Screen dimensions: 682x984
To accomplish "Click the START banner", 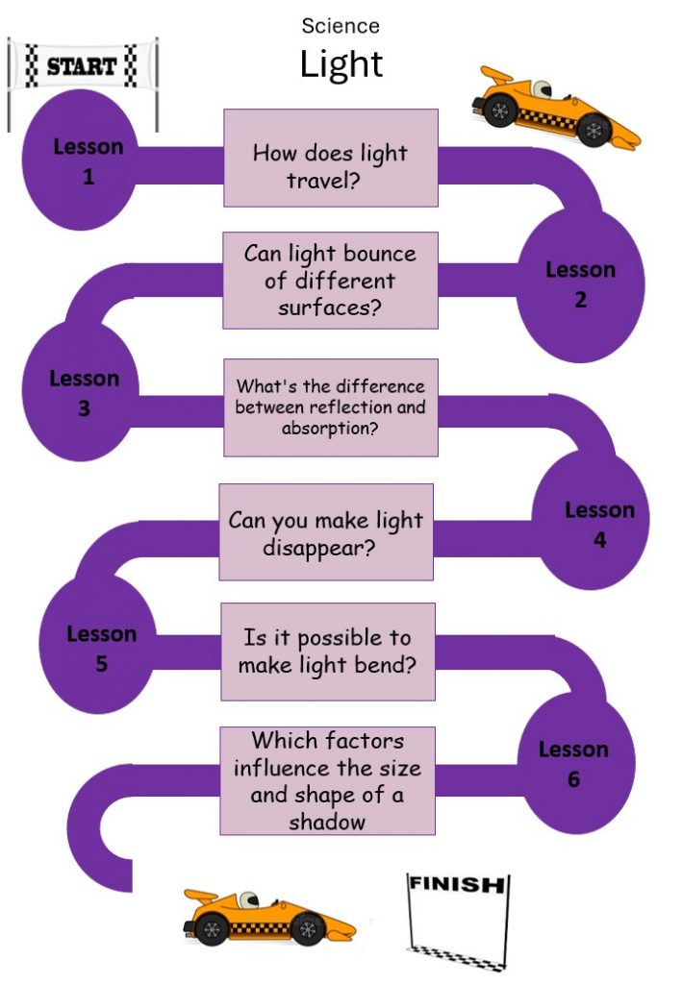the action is coord(83,65).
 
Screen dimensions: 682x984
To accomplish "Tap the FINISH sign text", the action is coord(457,884).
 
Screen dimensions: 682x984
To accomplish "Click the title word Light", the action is coord(341,65).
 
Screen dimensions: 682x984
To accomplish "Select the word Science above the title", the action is coord(341,26).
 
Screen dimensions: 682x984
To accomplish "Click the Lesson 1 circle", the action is coord(81,160).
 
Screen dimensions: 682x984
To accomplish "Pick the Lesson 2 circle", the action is coord(580,285).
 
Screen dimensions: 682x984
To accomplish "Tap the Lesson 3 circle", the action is coord(81,392).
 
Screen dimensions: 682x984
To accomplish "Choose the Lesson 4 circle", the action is coord(591,520).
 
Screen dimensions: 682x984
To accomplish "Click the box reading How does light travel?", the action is coord(331,158).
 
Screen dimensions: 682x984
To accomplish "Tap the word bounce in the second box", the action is coord(379,254).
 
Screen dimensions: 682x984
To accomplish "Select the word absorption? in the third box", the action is coord(330,429).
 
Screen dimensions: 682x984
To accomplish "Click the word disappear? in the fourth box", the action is coord(319,548).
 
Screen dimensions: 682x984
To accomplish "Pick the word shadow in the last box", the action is coord(326,823).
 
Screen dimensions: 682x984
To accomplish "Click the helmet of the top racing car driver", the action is coord(542,88).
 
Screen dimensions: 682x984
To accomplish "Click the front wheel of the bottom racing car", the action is coord(308,928).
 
